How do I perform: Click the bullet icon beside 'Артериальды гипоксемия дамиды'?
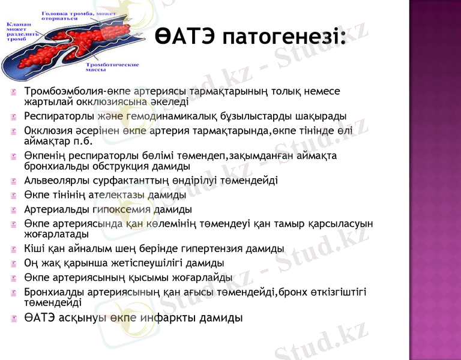tap(13, 210)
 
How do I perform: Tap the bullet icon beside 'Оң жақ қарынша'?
tap(13, 263)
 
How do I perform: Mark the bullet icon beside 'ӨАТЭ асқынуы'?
tap(13, 319)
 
